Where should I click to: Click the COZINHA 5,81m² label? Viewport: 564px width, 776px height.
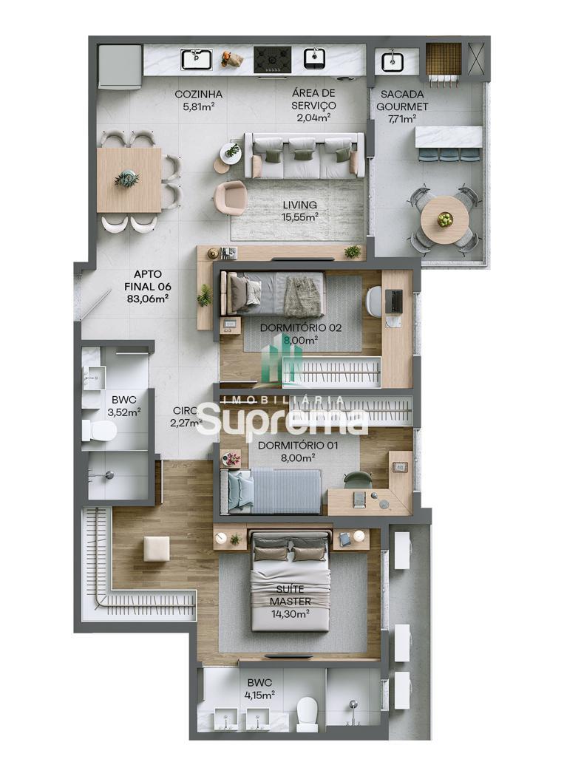click(x=198, y=100)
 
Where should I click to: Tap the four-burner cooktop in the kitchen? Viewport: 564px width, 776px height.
click(x=272, y=60)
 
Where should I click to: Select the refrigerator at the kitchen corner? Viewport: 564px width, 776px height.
click(x=120, y=67)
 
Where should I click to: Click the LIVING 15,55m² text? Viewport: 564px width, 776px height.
click(x=300, y=210)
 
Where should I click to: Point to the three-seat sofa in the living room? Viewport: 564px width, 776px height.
click(x=304, y=155)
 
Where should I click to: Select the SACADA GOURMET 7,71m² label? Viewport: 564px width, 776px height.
click(x=402, y=106)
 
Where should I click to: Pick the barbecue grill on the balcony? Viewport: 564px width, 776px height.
click(x=444, y=59)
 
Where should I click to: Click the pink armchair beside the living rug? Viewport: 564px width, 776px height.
click(x=232, y=197)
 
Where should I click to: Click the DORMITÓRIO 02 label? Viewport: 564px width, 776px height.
click(x=301, y=327)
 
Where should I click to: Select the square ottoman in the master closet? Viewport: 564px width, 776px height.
click(x=157, y=549)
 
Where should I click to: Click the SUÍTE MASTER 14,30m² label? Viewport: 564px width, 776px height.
click(x=291, y=602)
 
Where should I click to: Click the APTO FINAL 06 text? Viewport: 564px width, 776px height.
click(x=147, y=286)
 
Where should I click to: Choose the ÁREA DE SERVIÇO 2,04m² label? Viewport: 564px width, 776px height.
click(x=313, y=105)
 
